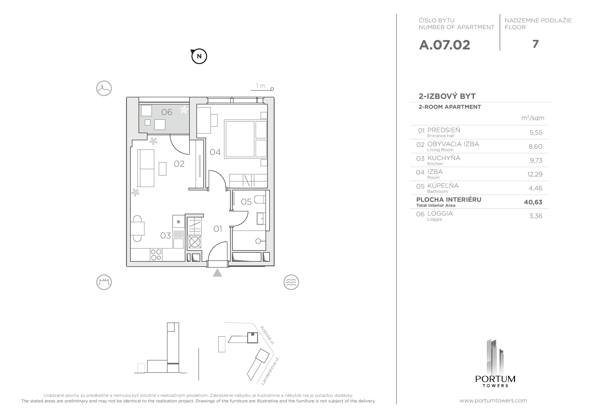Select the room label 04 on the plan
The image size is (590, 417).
(x=215, y=152)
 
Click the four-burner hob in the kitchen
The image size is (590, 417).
(x=156, y=255)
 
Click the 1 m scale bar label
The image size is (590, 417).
(x=261, y=86)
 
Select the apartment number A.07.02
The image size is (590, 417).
(x=444, y=45)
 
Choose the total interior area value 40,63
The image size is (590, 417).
(x=533, y=202)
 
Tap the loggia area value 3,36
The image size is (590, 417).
(x=536, y=216)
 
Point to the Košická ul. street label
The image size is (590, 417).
(x=268, y=335)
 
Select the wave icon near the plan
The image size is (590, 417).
(x=291, y=282)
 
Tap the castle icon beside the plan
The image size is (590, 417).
(x=104, y=282)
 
